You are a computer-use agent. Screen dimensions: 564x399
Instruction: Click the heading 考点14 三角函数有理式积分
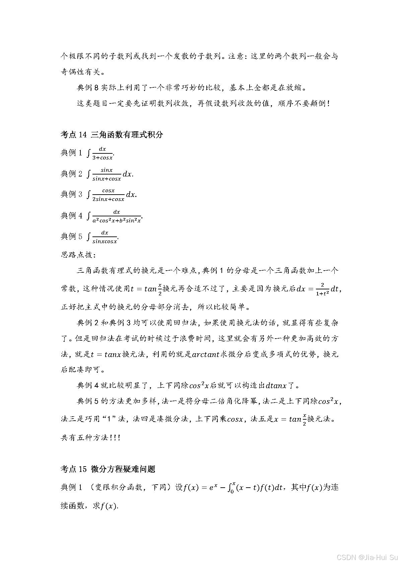coord(112,135)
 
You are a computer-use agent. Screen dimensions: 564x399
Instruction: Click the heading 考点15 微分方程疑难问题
coord(108,469)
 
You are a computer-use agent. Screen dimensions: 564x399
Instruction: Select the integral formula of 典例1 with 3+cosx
coord(101,153)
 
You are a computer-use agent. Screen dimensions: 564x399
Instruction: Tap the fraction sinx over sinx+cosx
coord(107,174)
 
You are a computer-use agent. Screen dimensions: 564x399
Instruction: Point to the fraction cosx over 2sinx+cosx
coord(108,195)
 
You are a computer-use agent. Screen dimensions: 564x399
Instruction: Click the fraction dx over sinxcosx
coord(105,237)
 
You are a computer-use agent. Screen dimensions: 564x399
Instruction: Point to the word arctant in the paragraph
coord(205,354)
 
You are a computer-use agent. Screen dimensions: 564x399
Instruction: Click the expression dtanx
coord(276,385)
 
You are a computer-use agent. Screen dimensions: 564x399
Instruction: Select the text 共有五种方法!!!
coord(90,437)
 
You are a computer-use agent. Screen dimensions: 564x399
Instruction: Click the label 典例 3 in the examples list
coord(71,194)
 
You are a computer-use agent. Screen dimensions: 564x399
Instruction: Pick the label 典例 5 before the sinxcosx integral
coord(71,236)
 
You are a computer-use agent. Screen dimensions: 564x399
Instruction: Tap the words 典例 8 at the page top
coord(88,88)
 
